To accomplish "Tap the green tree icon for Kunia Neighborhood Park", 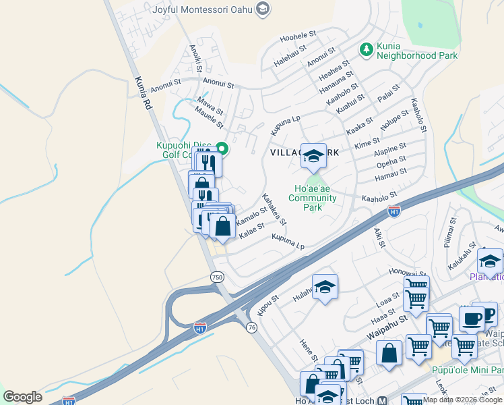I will (x=367, y=49).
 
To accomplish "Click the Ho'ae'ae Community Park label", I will (x=313, y=198).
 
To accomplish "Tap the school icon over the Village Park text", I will (x=313, y=156).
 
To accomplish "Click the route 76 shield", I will (x=251, y=327).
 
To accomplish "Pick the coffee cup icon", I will (x=472, y=317).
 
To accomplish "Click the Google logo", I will (x=22, y=397).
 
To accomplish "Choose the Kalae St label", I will (x=252, y=231).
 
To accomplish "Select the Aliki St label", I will (x=379, y=238).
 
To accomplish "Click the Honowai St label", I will (x=404, y=271).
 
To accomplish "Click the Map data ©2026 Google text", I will (x=462, y=400).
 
